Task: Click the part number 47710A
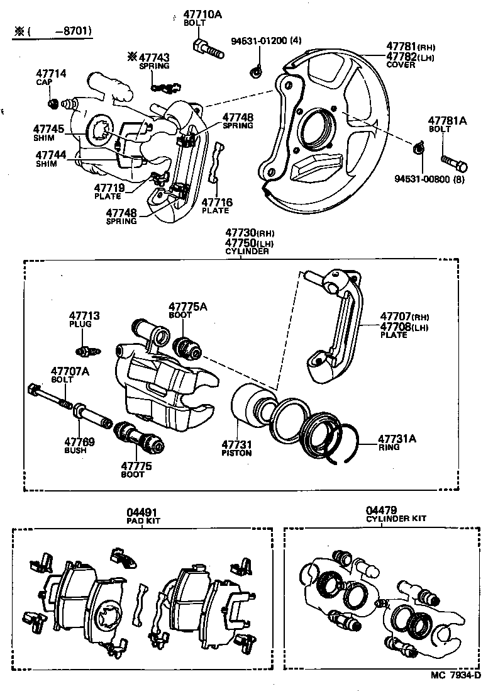(202, 14)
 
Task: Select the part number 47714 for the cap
(51, 74)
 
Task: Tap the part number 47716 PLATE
(216, 202)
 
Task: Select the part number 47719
(110, 187)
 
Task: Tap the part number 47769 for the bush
(80, 442)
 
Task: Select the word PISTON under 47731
(236, 452)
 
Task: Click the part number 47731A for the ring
(397, 439)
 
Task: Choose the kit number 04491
(141, 512)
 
